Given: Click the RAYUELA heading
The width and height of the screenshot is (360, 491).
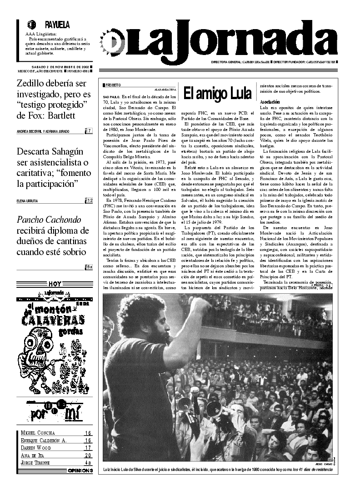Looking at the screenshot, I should [x=57, y=25].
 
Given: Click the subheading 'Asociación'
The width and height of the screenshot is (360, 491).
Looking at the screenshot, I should [x=270, y=101].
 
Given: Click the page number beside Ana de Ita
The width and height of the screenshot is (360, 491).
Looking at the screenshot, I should [x=88, y=455].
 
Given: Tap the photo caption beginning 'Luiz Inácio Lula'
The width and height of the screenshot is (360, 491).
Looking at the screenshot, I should [x=218, y=468].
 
